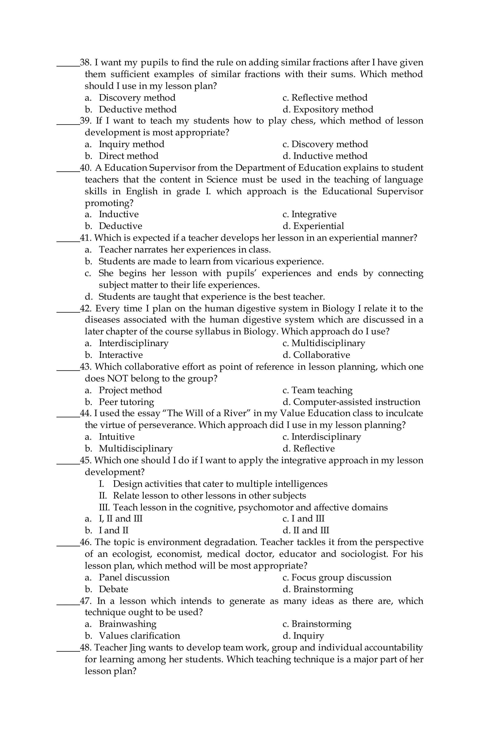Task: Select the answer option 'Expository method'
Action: coord(333,109)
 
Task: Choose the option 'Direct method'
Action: coord(128,156)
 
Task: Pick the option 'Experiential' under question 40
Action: coord(318,226)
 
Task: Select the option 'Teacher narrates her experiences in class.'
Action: coord(184,250)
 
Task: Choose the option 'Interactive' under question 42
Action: coord(121,355)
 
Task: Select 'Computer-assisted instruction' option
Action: coord(356,402)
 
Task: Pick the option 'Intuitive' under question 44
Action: coord(117,437)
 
